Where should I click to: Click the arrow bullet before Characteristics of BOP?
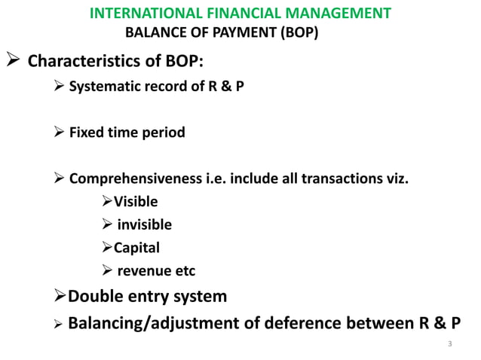click(x=13, y=59)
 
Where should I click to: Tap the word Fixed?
click(x=86, y=133)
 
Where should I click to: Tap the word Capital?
click(x=136, y=247)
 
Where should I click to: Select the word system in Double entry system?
click(x=201, y=296)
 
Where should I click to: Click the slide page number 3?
click(x=449, y=345)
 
